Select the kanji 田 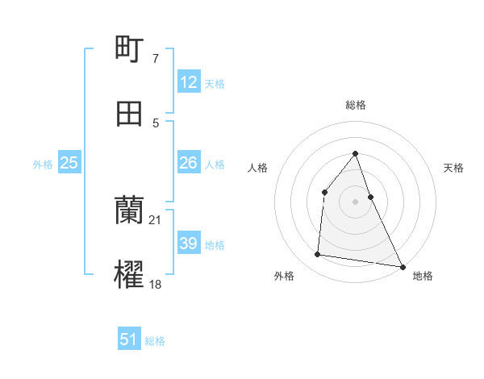point(130,114)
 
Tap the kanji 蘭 point(130,210)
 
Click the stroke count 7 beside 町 point(156,58)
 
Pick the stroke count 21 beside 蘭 point(156,219)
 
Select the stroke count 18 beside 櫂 point(156,284)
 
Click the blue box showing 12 point(189,82)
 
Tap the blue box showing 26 point(189,163)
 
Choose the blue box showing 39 point(189,244)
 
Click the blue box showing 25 point(69,163)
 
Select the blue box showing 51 point(129,339)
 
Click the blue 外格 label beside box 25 point(43,164)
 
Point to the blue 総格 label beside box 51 point(155,341)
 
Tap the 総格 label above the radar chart point(356,105)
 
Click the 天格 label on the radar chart point(454,168)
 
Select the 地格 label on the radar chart point(423,276)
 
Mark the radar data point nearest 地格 point(403,266)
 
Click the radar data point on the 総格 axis point(356,153)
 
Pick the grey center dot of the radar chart point(356,202)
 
